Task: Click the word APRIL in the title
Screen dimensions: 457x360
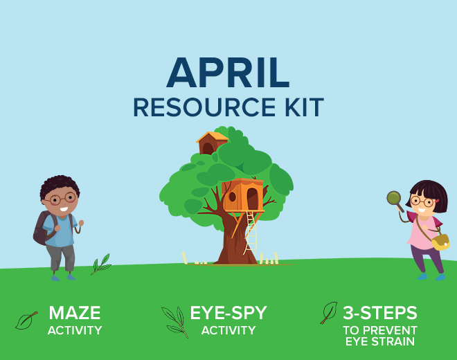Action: point(228,73)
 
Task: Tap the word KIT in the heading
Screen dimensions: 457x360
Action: point(304,107)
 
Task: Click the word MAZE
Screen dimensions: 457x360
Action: point(75,313)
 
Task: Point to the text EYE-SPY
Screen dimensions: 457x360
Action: point(228,313)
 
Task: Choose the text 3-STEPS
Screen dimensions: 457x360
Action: point(379,313)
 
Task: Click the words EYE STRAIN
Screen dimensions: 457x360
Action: point(379,341)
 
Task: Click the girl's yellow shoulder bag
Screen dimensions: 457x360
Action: point(440,242)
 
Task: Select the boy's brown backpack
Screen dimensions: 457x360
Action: point(42,228)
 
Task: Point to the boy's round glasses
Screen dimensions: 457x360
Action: point(62,199)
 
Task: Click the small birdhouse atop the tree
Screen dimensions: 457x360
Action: point(212,143)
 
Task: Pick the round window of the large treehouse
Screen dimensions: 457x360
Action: point(232,197)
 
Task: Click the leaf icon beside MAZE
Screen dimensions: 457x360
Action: point(26,321)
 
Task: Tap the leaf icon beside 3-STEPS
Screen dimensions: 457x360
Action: point(330,313)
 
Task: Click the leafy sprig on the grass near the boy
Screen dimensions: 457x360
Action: point(101,264)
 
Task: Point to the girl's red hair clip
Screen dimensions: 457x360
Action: point(437,201)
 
